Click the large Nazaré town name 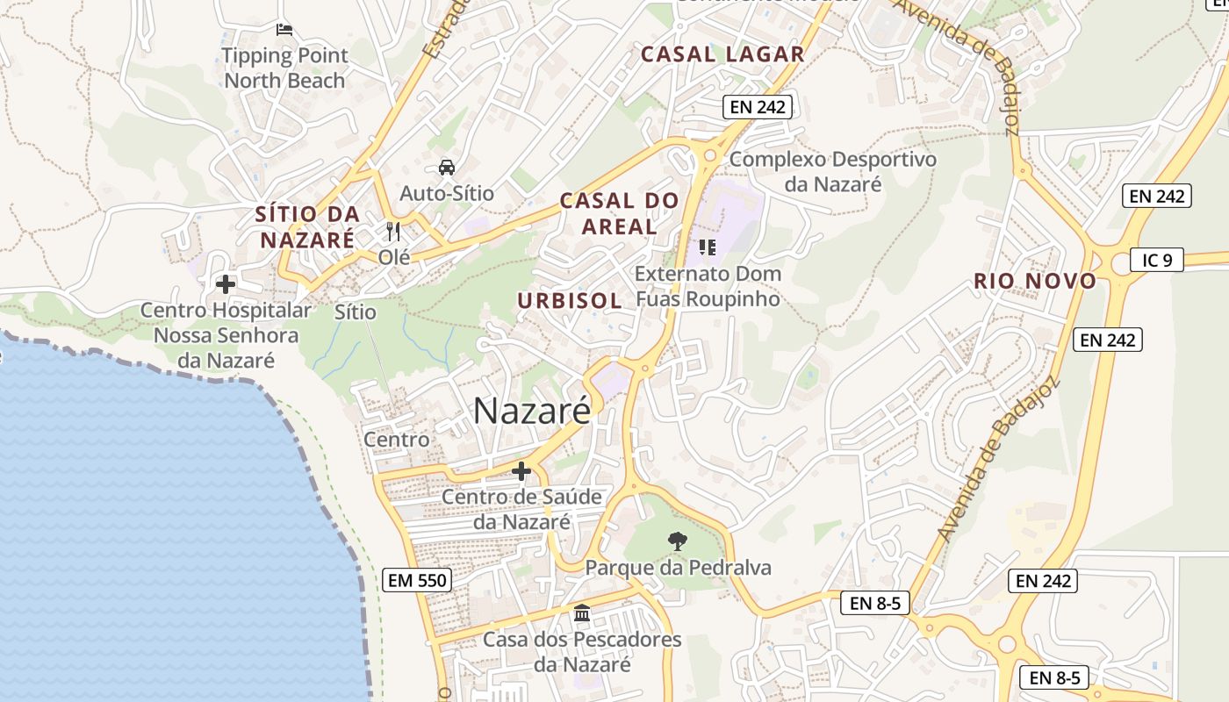532,411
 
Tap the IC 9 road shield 1156,260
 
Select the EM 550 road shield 417,580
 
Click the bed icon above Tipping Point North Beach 284,30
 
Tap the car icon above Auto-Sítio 446,167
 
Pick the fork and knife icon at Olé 393,232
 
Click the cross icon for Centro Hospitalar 226,284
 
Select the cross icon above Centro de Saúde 521,472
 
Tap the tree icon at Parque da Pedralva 677,541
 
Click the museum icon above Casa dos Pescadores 581,612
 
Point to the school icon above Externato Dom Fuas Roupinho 707,247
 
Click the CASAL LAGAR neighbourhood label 722,54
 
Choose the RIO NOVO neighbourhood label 1035,282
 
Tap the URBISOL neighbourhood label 570,301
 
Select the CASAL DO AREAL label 620,213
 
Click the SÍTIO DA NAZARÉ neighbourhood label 307,226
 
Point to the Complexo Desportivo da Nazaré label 833,172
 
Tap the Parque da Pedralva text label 679,568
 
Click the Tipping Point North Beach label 284,68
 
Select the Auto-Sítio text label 447,193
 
